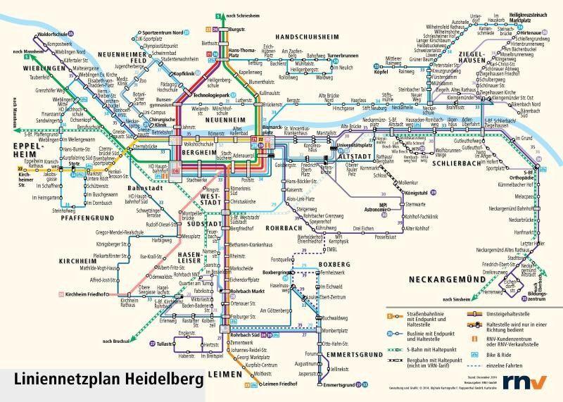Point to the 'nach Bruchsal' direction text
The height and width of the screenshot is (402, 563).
pos(117,341)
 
